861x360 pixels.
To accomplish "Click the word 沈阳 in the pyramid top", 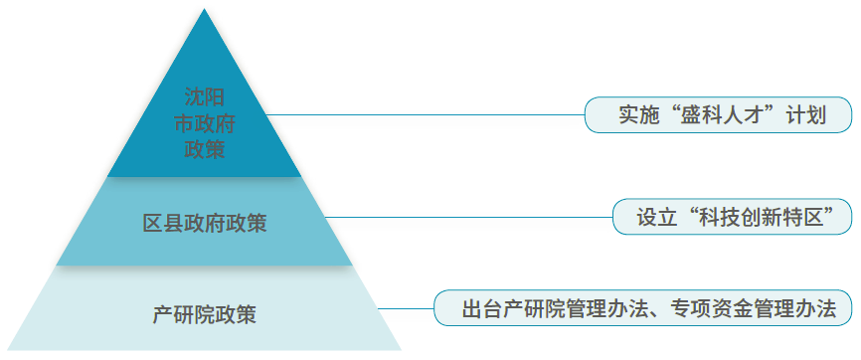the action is [204, 97].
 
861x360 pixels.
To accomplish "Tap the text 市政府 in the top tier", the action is [204, 123].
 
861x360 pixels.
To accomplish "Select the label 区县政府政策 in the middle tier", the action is [204, 224].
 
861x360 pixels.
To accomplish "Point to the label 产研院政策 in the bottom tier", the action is [204, 315].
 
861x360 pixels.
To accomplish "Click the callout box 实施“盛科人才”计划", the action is [718, 115].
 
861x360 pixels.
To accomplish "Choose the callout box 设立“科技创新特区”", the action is [732, 217].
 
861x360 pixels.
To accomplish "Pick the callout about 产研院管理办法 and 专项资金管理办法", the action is [643, 307].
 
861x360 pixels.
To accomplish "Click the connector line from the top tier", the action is [425, 115].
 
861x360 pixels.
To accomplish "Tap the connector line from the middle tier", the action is [468, 217].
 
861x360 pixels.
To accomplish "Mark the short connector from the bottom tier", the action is [406, 308].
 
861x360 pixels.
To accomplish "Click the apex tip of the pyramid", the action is [204, 9].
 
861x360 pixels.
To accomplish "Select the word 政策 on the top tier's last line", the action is [204, 149].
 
